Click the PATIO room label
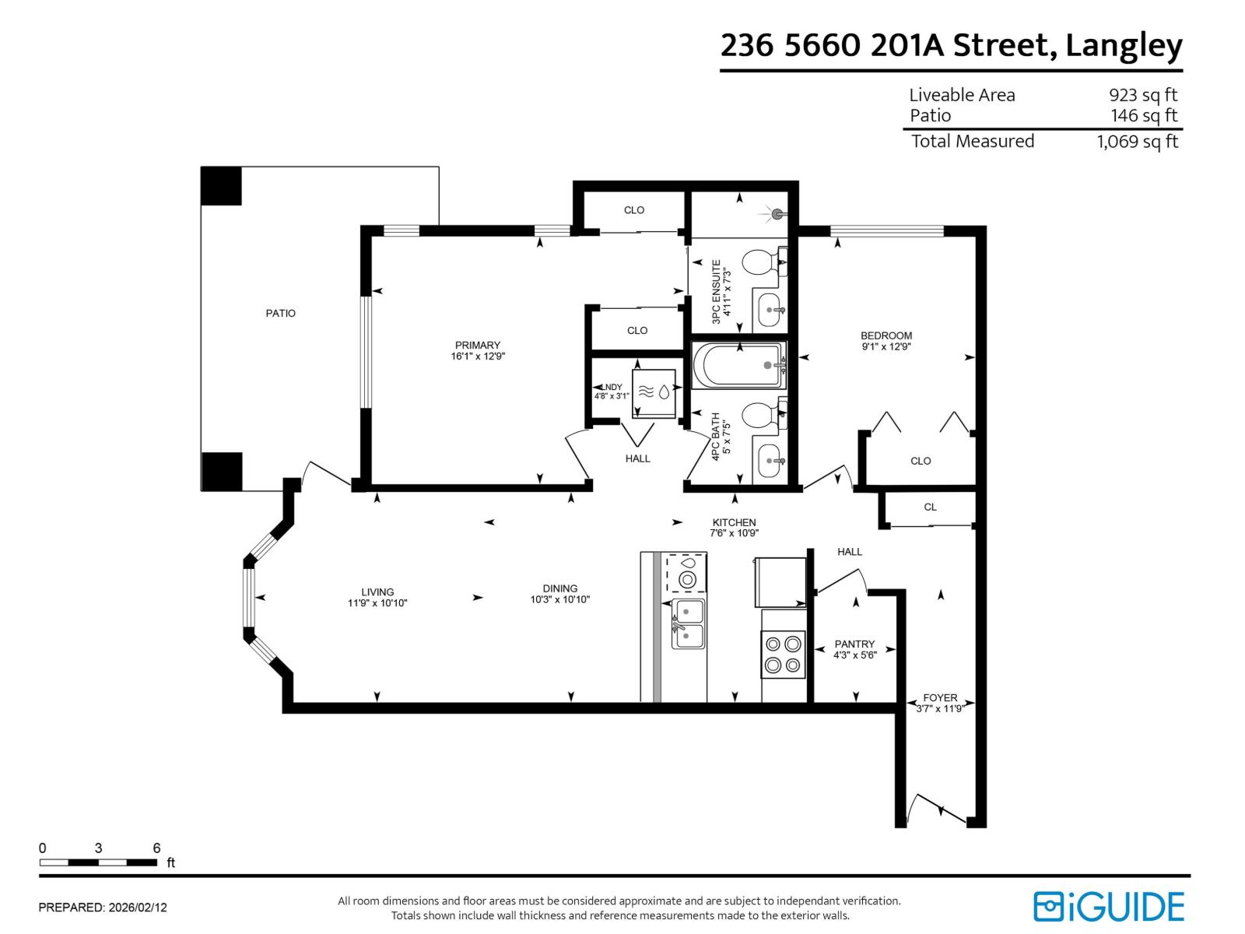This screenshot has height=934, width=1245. [x=280, y=313]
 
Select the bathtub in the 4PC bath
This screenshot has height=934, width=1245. [x=738, y=366]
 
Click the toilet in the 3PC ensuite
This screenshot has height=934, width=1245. [x=758, y=262]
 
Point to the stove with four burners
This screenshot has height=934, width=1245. [x=783, y=655]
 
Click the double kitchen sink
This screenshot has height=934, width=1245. [x=688, y=624]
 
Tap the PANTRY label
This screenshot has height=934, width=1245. [x=854, y=644]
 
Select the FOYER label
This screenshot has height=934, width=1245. [x=940, y=697]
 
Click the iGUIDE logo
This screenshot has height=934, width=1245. [x=1108, y=907]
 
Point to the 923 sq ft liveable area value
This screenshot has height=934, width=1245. [x=1142, y=95]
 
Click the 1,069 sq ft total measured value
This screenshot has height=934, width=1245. [x=1137, y=142]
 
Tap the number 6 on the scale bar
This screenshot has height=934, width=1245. [x=156, y=848]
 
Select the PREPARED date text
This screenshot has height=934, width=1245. [x=103, y=908]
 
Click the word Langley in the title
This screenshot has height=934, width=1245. [x=1123, y=46]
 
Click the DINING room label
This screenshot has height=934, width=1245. [x=559, y=588]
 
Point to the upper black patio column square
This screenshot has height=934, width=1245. [x=221, y=186]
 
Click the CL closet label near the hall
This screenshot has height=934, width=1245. [x=930, y=507]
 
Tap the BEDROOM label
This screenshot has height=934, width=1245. [x=886, y=335]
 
